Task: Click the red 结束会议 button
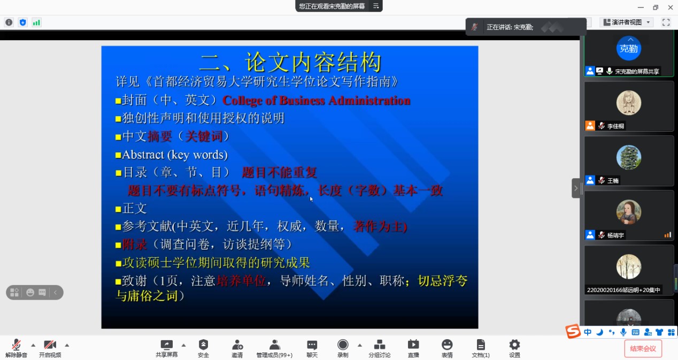pos(643,348)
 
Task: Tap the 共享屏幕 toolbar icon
pos(166,345)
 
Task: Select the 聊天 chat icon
pos(312,345)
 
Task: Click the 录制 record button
pos(343,344)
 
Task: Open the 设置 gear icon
pos(514,344)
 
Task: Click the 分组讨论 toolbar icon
pos(380,344)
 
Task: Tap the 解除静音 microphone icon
pos(16,345)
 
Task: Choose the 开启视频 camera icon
pos(50,345)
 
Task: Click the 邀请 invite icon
pos(237,345)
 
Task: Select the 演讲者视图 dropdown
pos(627,22)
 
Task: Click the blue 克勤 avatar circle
pos(629,49)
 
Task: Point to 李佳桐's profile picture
pos(629,103)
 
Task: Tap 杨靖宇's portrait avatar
pos(629,212)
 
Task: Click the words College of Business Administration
pos(317,101)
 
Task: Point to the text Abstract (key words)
pos(175,155)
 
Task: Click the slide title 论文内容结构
pos(313,62)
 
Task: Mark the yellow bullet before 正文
pos(118,209)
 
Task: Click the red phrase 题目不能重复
pos(279,173)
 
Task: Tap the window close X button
pos(671,7)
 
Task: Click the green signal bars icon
pos(36,22)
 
